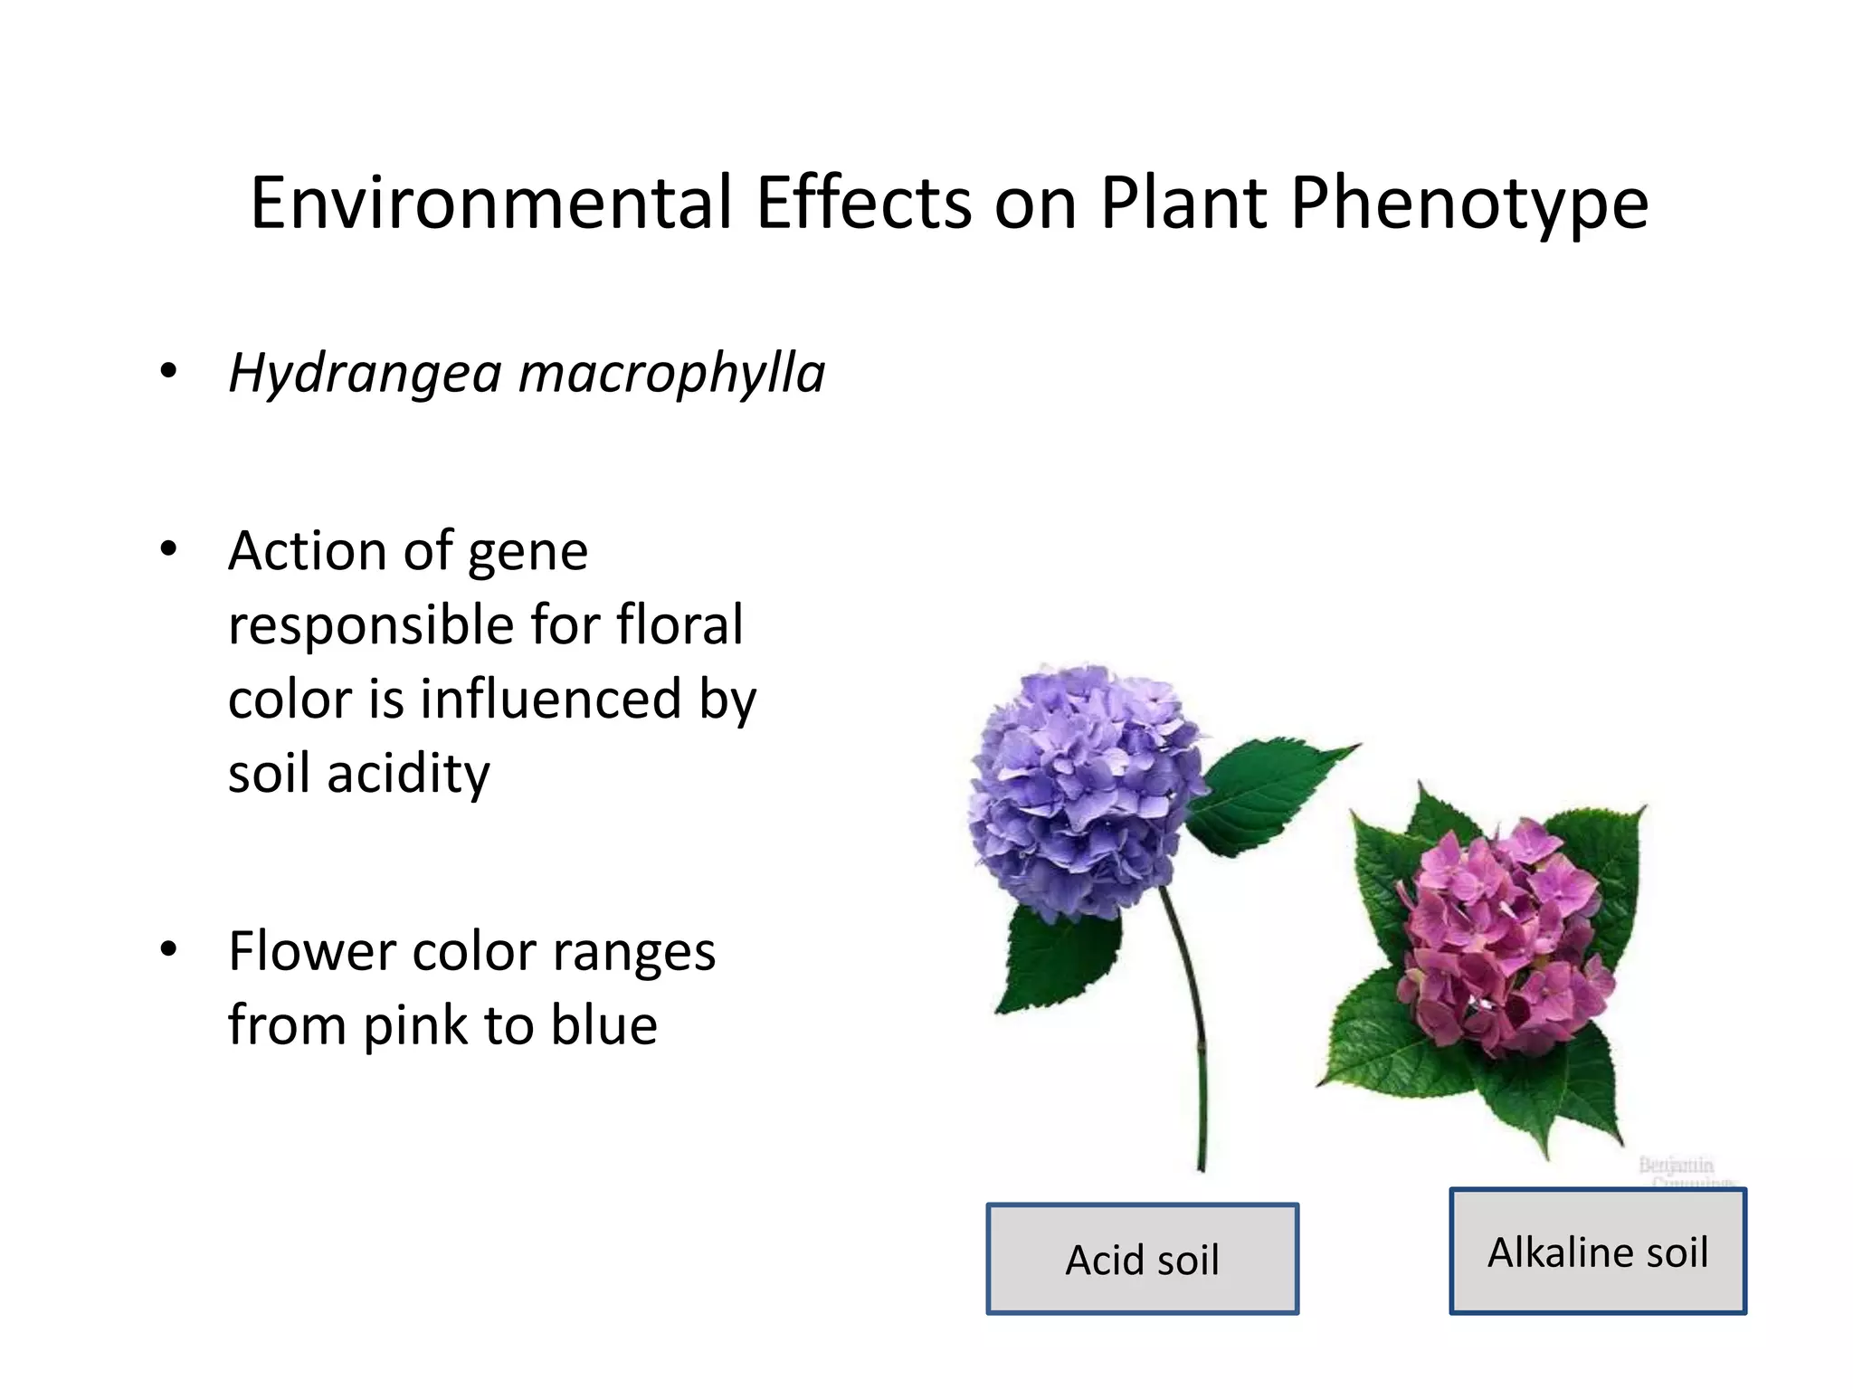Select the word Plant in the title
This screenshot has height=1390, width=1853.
tap(1183, 203)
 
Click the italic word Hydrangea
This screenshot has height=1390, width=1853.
tap(365, 373)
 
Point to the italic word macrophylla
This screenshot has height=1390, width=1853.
tap(671, 373)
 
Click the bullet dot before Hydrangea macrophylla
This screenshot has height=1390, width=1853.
tap(168, 371)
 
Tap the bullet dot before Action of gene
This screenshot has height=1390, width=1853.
tap(168, 549)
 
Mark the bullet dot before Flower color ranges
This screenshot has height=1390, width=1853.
tap(168, 950)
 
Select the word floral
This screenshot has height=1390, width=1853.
tap(679, 624)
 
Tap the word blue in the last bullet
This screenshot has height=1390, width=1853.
tap(604, 1025)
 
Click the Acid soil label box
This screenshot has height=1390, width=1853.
tap(1142, 1259)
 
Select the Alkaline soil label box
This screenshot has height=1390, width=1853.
tap(1598, 1252)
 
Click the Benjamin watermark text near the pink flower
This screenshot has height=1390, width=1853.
tap(1676, 1165)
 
